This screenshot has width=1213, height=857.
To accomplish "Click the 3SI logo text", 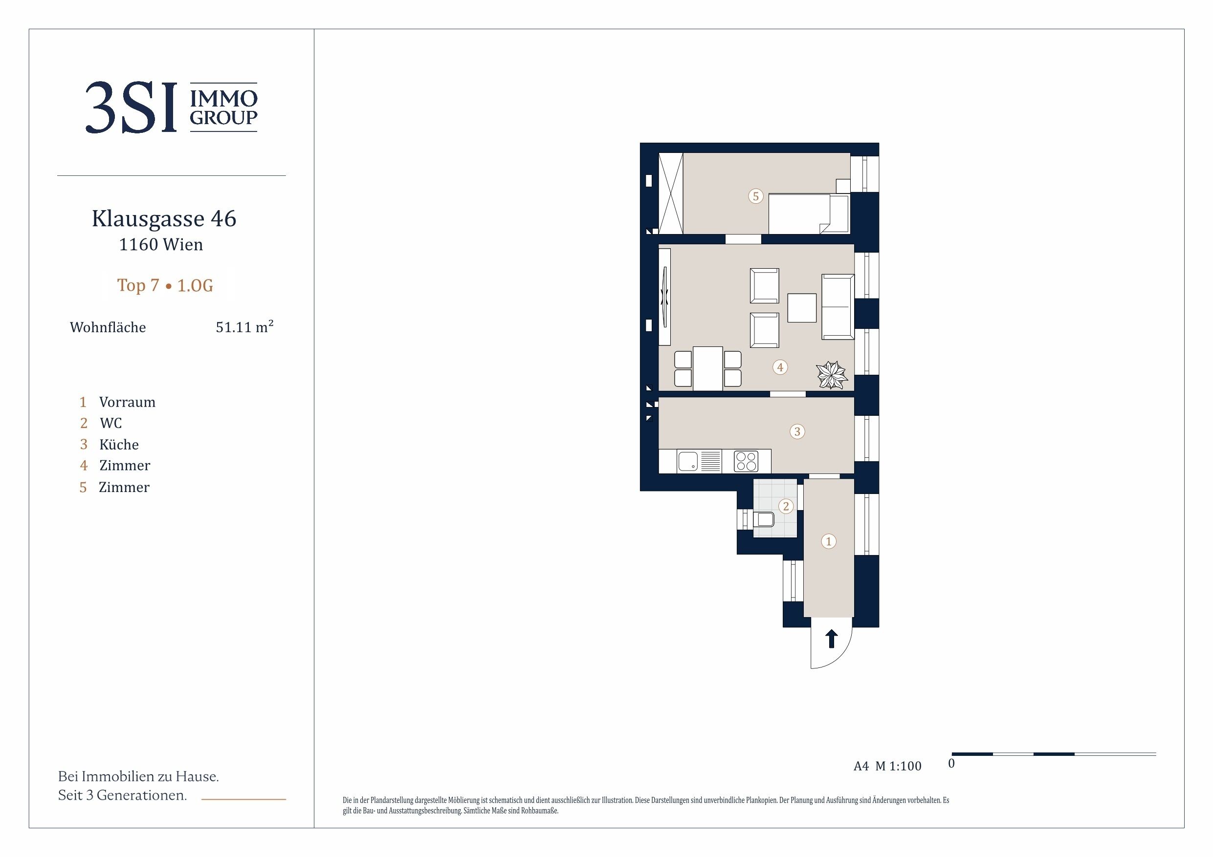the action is pos(131,107).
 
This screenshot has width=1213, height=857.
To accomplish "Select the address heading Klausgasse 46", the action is pos(164,218).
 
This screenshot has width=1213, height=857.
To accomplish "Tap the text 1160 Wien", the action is pos(161,244).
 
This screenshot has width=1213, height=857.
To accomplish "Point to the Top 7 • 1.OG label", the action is pos(165,285).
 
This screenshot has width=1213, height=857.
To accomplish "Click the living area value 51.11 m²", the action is pos(244,326).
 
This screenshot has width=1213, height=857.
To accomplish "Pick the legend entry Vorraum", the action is pos(127,403).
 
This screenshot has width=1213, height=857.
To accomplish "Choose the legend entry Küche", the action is pos(119,445).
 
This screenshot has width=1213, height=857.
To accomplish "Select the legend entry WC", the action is pos(111,424).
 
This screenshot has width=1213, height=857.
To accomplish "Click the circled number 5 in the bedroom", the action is pos(755,196).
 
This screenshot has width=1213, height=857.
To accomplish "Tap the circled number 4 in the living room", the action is pos(780,367).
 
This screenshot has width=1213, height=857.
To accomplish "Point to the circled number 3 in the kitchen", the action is pos(797,431).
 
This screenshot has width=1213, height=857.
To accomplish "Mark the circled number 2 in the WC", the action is pos(786,506).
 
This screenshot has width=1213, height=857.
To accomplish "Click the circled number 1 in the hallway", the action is pos(828,541).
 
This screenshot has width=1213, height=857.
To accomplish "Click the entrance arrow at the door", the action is pos(832,639).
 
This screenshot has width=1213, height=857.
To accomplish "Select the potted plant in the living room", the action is pos(832,375).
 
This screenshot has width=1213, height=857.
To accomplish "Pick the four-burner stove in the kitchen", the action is pos(746,461).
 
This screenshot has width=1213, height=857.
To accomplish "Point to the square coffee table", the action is pos(802,308).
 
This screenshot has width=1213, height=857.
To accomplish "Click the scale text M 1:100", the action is pos(898,766).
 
